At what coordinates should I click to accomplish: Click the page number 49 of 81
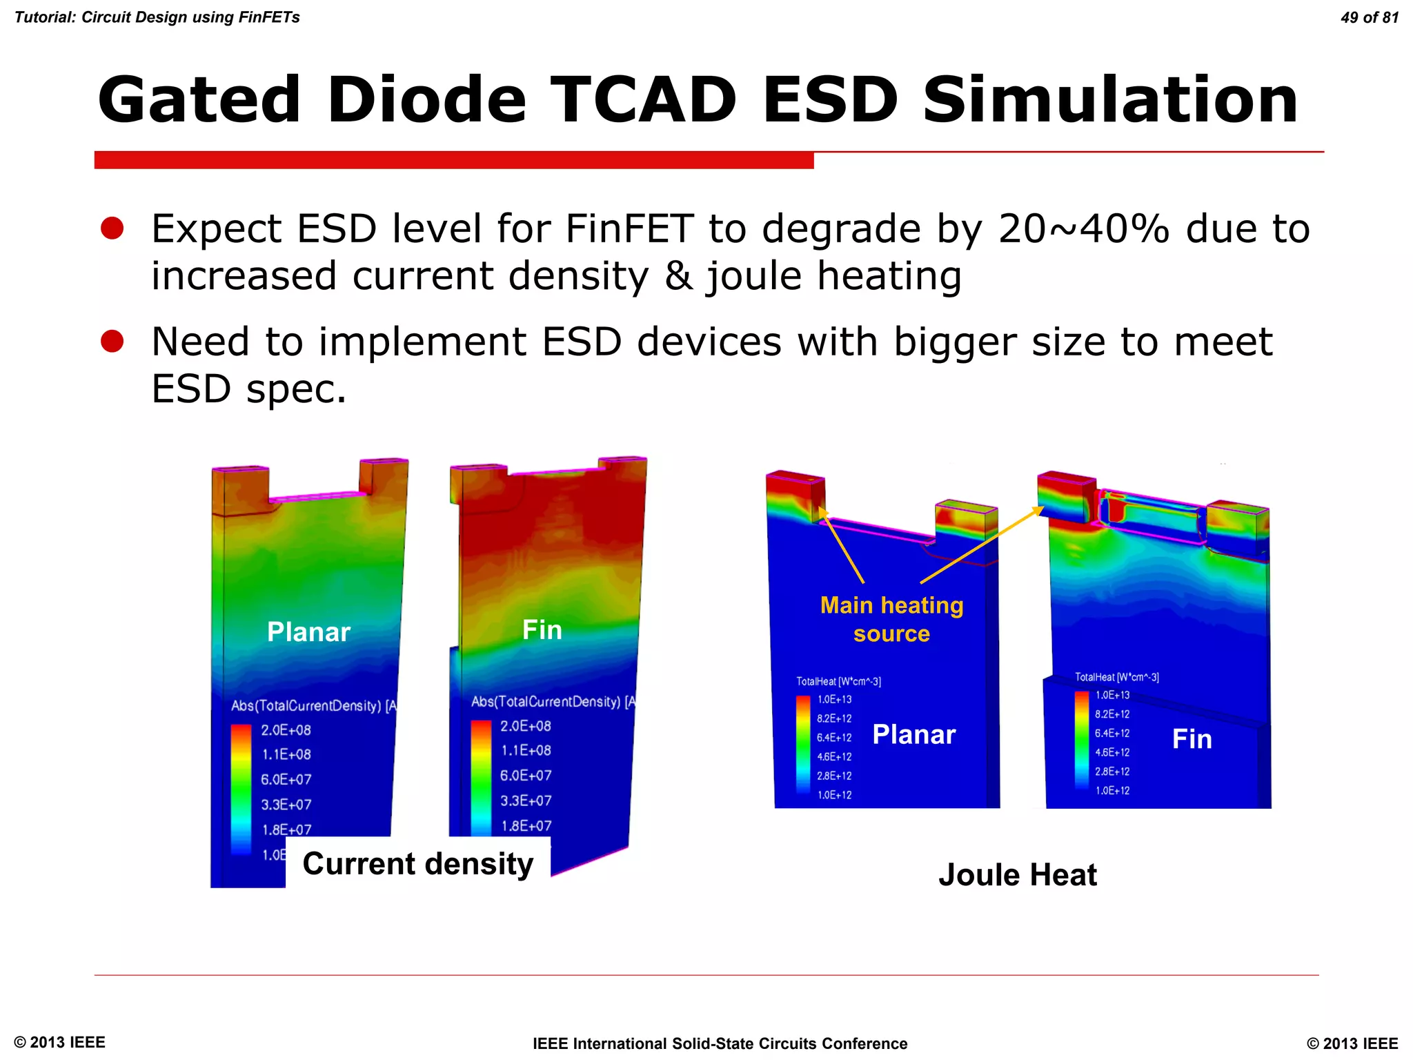pyautogui.click(x=1369, y=18)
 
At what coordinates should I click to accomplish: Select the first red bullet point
pyautogui.click(x=112, y=228)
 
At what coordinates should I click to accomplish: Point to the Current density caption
pyautogui.click(x=418, y=864)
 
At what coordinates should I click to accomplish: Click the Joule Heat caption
pyautogui.click(x=1017, y=875)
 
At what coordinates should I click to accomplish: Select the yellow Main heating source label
pyautogui.click(x=891, y=619)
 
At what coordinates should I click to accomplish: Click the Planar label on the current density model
pyautogui.click(x=308, y=632)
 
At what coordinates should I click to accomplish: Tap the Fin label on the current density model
pyautogui.click(x=542, y=630)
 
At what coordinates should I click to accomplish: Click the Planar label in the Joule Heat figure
pyautogui.click(x=913, y=735)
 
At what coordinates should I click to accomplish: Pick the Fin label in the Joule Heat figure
pyautogui.click(x=1192, y=739)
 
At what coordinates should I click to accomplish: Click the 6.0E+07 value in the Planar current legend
pyautogui.click(x=286, y=780)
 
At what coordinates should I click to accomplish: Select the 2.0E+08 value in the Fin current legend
pyautogui.click(x=525, y=726)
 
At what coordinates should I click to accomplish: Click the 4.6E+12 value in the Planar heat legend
pyautogui.click(x=834, y=757)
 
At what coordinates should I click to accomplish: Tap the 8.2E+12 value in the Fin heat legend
pyautogui.click(x=1112, y=714)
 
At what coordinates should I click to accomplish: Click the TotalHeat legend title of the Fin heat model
pyautogui.click(x=1116, y=678)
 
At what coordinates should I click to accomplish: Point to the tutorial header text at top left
pyautogui.click(x=157, y=18)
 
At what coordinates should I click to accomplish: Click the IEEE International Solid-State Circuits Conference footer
pyautogui.click(x=720, y=1043)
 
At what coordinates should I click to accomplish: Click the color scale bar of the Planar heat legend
pyautogui.click(x=803, y=745)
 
